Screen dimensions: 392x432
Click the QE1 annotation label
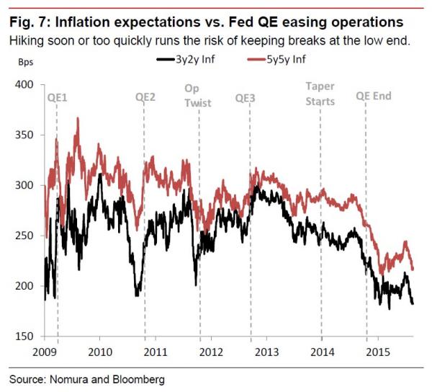click(x=57, y=96)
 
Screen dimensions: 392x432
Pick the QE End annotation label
click(x=374, y=96)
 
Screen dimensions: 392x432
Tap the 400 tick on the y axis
click(x=25, y=85)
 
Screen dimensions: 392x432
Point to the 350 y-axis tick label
click(x=25, y=135)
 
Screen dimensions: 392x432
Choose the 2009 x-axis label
click(x=45, y=351)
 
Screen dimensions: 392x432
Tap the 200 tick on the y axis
click(x=25, y=286)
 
